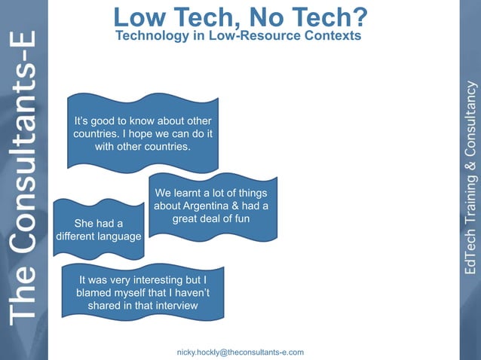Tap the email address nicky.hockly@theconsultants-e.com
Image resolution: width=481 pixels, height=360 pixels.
(x=240, y=352)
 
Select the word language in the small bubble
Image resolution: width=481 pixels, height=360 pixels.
(x=115, y=236)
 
